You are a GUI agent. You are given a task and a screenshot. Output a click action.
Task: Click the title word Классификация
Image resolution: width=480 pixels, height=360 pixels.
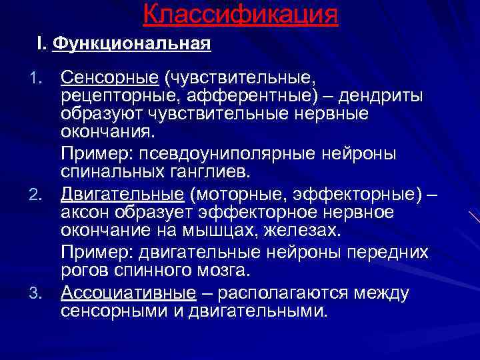click(240, 14)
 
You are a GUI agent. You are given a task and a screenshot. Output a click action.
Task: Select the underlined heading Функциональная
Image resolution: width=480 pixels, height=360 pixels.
click(131, 45)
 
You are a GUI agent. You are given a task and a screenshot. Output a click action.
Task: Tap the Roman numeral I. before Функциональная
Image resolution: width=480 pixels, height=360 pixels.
click(41, 45)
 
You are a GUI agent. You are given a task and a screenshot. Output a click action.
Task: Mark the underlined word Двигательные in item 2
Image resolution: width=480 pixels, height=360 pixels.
click(121, 195)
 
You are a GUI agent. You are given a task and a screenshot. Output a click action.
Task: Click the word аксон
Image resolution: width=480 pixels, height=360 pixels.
click(83, 212)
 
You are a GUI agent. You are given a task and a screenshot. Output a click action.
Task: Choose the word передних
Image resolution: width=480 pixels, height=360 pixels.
click(391, 253)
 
